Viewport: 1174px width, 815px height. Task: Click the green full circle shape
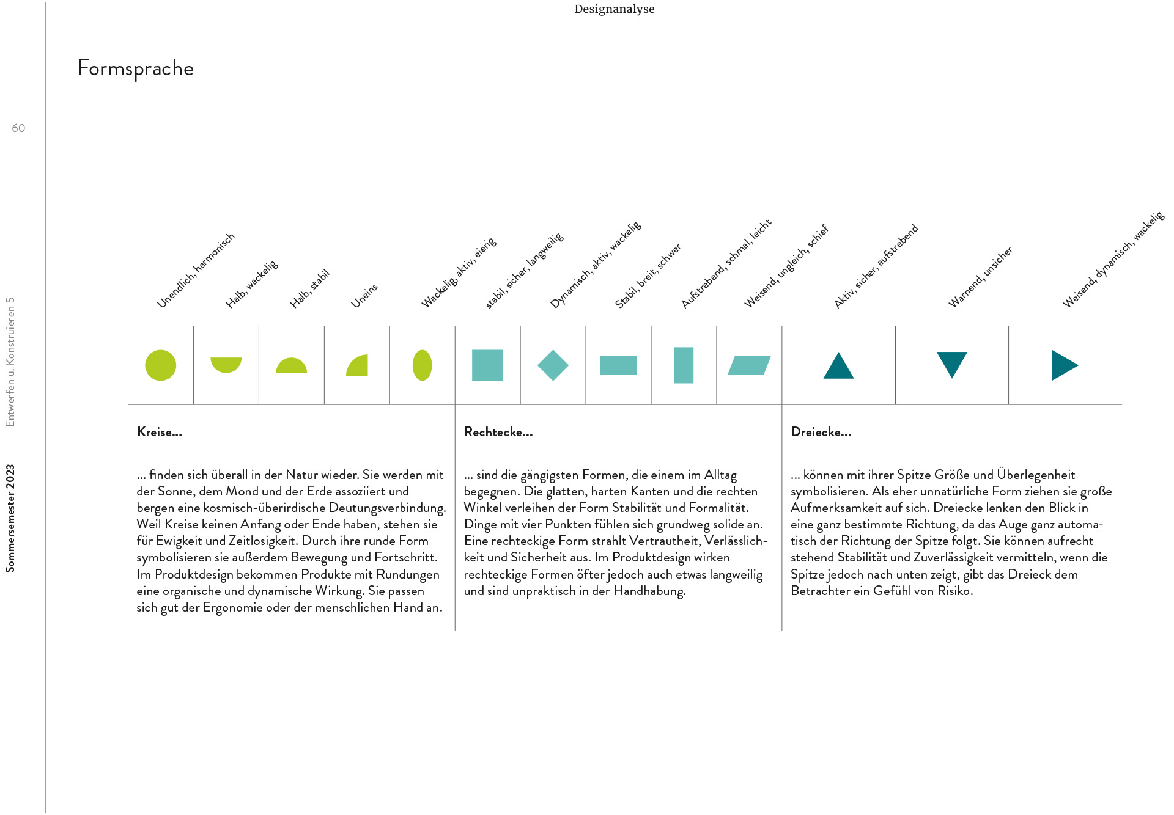(161, 365)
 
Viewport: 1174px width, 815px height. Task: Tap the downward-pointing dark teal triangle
(952, 364)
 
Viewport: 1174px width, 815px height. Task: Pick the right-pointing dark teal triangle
(1063, 365)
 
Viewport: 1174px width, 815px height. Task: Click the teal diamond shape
(553, 365)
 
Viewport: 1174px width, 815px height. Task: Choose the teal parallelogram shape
(749, 365)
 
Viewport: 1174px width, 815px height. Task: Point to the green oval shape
(423, 365)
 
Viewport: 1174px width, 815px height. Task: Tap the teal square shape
(487, 365)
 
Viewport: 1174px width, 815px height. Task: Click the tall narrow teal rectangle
(684, 365)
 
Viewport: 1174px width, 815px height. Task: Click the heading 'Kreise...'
(160, 432)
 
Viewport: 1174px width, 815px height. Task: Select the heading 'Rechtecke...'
(498, 432)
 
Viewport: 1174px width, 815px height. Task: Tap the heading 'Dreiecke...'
(821, 432)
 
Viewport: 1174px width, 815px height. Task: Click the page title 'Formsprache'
(135, 68)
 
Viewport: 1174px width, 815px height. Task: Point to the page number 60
(18, 128)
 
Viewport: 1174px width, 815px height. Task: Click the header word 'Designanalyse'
(615, 9)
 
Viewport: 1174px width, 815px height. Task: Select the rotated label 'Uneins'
(364, 296)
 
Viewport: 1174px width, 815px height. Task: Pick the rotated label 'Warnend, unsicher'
(980, 277)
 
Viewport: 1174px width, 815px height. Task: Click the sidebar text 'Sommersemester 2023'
(10, 519)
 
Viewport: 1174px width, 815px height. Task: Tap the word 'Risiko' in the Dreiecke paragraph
(954, 591)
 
